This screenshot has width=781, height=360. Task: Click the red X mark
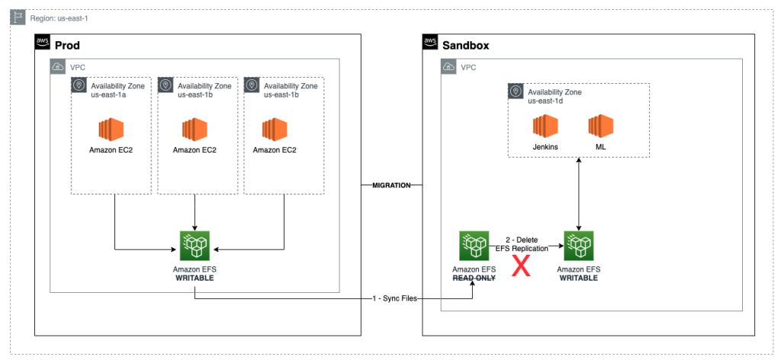(521, 267)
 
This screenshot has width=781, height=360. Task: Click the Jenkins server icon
(545, 127)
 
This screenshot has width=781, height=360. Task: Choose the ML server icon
(601, 127)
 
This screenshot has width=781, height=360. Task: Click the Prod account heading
(68, 45)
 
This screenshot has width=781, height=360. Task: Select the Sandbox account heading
(465, 45)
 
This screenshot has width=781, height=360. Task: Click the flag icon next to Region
(18, 17)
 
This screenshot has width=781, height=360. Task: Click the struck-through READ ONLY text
(474, 278)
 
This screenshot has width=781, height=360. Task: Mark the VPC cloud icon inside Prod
(59, 67)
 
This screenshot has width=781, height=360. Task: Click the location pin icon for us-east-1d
(516, 92)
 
